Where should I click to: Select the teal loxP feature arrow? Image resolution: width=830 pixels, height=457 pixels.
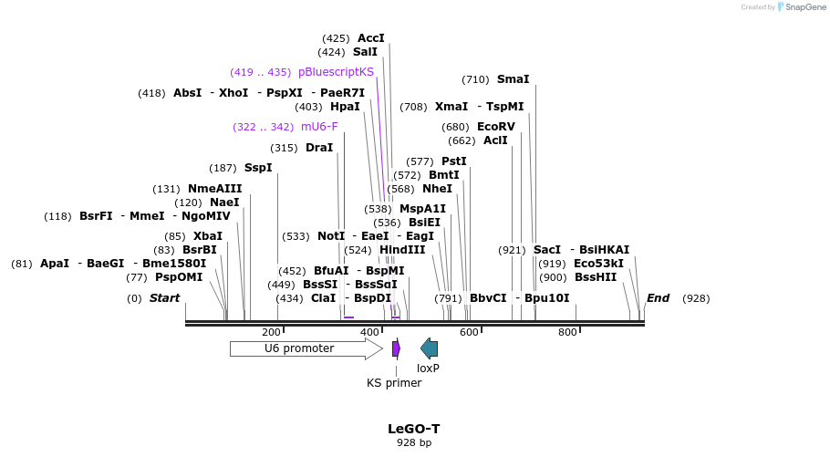click(x=429, y=348)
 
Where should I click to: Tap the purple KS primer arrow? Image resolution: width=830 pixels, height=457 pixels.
click(x=396, y=348)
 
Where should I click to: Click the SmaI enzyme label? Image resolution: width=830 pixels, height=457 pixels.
click(x=513, y=79)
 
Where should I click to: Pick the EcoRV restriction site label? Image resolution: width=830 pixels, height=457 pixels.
click(x=496, y=127)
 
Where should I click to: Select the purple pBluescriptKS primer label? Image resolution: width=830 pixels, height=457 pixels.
click(x=336, y=72)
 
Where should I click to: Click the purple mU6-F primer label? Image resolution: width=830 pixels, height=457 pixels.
click(x=319, y=127)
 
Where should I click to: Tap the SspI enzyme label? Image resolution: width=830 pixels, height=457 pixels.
click(x=258, y=168)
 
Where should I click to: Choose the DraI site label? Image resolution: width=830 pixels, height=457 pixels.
click(x=319, y=148)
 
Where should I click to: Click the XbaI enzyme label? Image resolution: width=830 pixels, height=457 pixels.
click(x=207, y=236)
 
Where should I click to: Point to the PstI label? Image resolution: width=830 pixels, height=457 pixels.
click(x=454, y=161)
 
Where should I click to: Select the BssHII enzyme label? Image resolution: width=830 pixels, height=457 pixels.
click(x=596, y=277)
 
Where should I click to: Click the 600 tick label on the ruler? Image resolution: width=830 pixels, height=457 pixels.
click(x=469, y=332)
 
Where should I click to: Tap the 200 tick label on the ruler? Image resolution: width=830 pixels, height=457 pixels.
click(x=271, y=332)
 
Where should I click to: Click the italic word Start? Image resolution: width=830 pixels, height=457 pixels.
click(x=165, y=298)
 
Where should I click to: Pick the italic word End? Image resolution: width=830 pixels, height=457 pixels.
click(x=658, y=298)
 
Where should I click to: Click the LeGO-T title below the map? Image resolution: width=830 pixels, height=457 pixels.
click(x=414, y=428)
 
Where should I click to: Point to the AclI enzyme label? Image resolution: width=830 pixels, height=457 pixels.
click(x=495, y=140)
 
